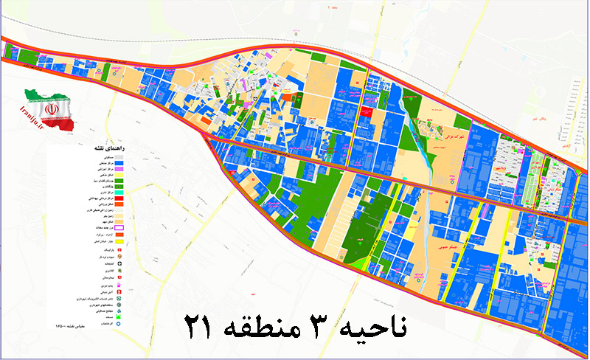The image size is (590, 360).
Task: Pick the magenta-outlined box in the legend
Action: (x=118, y=229)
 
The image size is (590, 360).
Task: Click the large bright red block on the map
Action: (x=365, y=111)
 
